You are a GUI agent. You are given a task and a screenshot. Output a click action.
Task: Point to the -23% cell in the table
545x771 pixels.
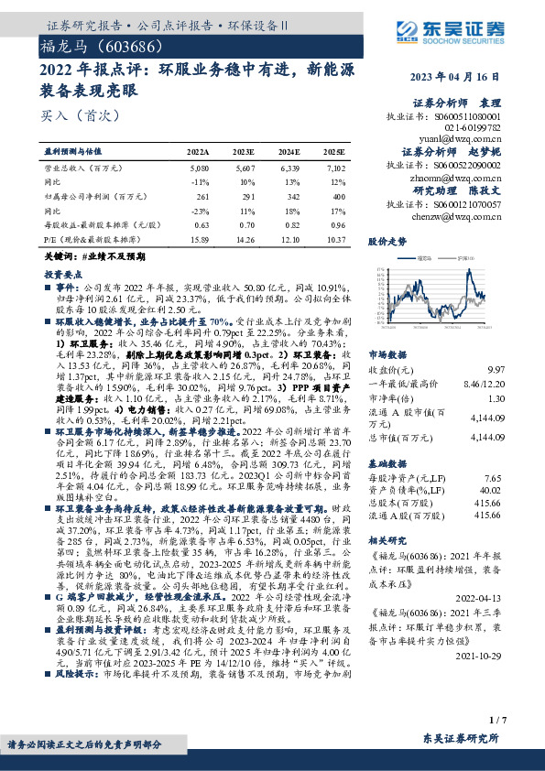pos(200,209)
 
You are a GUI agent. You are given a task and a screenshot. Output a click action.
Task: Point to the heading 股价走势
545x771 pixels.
pos(387,243)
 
